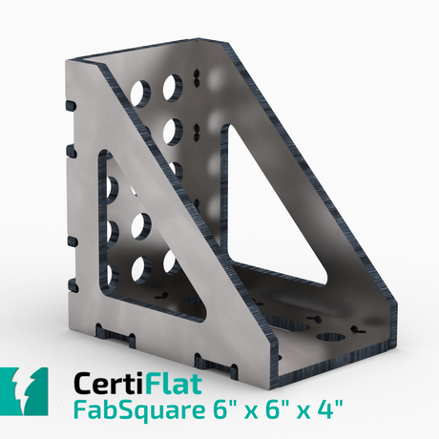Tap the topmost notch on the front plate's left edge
[68, 105]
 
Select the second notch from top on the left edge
[69, 150]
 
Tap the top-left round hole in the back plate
[140, 92]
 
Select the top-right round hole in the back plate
[173, 87]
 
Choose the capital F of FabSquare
[80, 413]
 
